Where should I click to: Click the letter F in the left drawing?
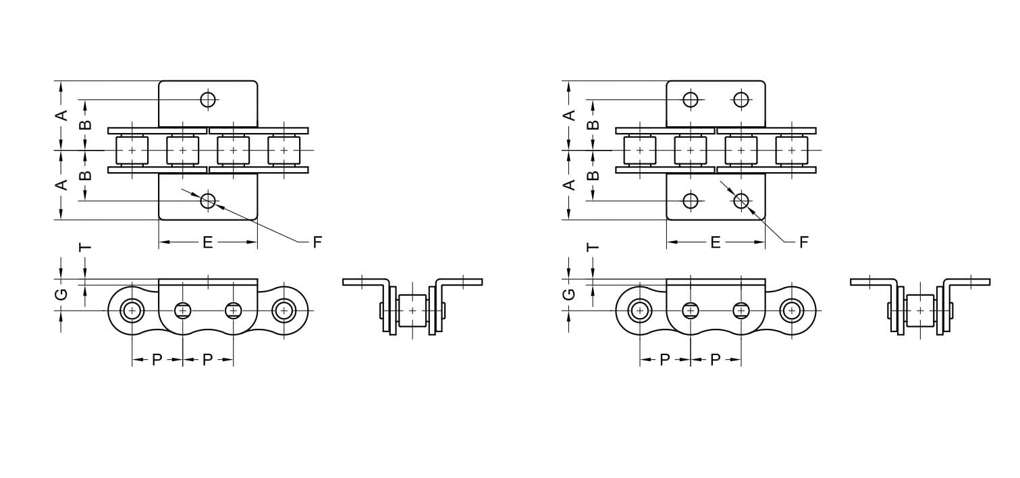pyautogui.click(x=317, y=242)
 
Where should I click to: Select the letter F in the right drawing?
pyautogui.click(x=804, y=242)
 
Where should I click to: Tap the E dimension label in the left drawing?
pyautogui.click(x=207, y=242)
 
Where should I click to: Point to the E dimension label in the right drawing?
pyautogui.click(x=716, y=242)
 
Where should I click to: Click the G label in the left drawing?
pyautogui.click(x=61, y=294)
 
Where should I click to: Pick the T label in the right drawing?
pyautogui.click(x=593, y=247)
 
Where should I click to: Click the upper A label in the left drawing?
pyautogui.click(x=61, y=115)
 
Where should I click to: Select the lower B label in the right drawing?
pyautogui.click(x=593, y=176)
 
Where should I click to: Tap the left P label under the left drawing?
pyautogui.click(x=157, y=360)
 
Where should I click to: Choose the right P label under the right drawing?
pyautogui.click(x=716, y=360)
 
